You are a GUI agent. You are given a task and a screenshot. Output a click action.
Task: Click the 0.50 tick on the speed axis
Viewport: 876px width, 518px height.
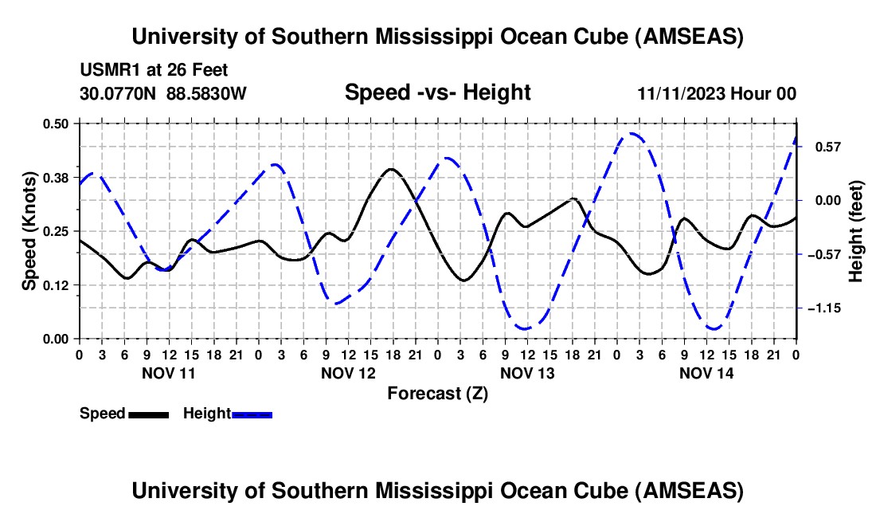click(x=59, y=124)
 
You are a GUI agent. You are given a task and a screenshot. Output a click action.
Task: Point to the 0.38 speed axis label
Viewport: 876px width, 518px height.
click(x=59, y=177)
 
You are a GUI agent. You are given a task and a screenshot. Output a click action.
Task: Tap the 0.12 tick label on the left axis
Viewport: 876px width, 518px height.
click(x=59, y=285)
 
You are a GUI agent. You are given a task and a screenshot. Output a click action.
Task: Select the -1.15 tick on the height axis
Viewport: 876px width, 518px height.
click(x=823, y=308)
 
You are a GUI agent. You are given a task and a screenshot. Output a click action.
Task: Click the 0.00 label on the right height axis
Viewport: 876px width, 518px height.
click(x=825, y=200)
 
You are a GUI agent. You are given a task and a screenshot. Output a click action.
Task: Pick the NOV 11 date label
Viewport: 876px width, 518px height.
click(x=168, y=372)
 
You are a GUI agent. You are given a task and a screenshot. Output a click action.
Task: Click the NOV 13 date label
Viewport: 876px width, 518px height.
click(x=527, y=372)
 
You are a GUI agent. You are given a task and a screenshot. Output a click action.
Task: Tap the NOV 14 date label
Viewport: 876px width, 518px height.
click(x=706, y=372)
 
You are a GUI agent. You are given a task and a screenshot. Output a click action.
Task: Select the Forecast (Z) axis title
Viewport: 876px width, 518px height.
click(x=437, y=393)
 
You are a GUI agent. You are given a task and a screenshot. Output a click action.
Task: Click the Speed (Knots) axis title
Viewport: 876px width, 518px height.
click(x=29, y=230)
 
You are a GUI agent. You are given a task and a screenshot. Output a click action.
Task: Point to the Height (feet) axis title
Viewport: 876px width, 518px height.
click(x=856, y=231)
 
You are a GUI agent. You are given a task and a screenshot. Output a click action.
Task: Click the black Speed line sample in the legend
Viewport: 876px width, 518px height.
click(x=148, y=414)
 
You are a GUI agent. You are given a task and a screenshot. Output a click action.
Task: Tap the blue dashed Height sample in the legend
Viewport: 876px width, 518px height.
click(x=252, y=414)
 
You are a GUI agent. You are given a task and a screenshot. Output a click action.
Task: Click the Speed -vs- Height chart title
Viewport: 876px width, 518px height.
click(x=437, y=92)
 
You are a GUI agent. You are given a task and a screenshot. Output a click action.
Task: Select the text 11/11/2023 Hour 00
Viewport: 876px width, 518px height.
click(x=717, y=93)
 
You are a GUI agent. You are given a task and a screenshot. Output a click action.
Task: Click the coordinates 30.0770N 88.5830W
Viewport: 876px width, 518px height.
click(x=164, y=93)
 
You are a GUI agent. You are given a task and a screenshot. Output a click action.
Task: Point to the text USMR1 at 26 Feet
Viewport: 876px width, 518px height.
click(x=154, y=70)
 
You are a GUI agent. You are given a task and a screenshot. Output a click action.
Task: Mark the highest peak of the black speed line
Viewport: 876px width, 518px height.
click(x=390, y=169)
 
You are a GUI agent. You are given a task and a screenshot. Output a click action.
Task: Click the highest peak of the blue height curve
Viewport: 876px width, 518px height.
click(x=632, y=133)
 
